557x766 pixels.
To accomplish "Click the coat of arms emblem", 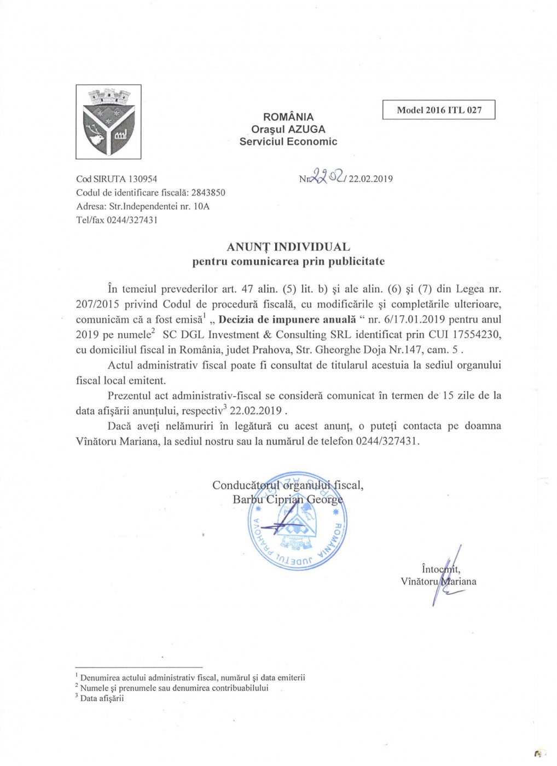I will tap(108, 121).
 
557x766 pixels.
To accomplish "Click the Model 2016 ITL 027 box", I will tap(439, 110).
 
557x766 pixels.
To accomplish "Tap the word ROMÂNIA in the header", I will tap(288, 117).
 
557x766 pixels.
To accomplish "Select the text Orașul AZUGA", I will tap(288, 129).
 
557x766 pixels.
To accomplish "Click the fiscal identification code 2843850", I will tap(208, 193).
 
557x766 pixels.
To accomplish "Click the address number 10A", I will tap(201, 206).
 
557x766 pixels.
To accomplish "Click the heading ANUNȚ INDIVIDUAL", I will tap(288, 247).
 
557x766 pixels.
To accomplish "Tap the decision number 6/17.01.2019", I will tap(407, 320).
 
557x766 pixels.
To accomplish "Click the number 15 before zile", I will tap(449, 396).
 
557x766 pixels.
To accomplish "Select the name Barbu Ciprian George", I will tap(288, 499).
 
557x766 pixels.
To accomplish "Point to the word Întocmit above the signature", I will tap(440, 569).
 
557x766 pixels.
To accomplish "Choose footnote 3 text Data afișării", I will tap(102, 698).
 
